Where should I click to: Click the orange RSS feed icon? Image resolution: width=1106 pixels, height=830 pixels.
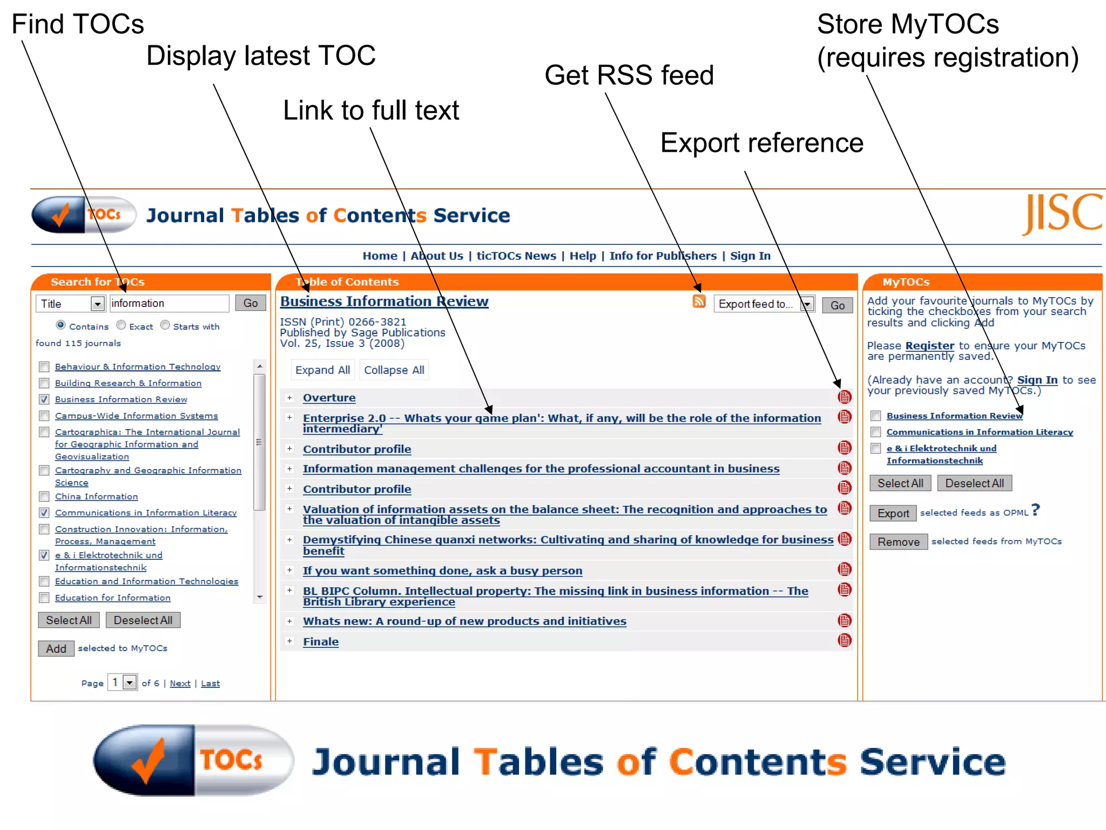coord(699,302)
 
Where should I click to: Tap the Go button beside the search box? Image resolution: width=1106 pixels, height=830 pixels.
coord(251,303)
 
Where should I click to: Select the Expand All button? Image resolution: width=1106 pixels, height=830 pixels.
coord(322,370)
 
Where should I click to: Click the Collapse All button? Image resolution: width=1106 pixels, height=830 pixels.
coord(394,370)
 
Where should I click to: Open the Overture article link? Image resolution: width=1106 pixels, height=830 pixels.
coord(329,398)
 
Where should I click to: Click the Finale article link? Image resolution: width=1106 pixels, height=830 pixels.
coord(321,642)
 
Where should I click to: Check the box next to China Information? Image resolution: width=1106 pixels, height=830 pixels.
coord(44,497)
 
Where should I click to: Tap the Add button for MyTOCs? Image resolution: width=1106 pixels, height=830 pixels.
coord(56,648)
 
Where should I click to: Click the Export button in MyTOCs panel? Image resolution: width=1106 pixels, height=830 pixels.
coord(893,513)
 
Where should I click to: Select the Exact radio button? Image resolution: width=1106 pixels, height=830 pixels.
coord(122,325)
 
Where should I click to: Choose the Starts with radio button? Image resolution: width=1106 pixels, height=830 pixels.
coord(165,325)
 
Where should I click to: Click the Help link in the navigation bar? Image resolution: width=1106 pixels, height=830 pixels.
coord(583,256)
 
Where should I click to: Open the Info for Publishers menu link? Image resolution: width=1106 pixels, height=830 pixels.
coord(663,256)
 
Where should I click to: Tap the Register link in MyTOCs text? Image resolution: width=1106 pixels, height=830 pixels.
coord(929,346)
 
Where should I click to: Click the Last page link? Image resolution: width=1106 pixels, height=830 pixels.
coord(210,684)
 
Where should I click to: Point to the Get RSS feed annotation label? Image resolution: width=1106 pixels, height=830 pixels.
coord(629,75)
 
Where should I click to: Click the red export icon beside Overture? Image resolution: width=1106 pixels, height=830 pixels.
coord(845,397)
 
